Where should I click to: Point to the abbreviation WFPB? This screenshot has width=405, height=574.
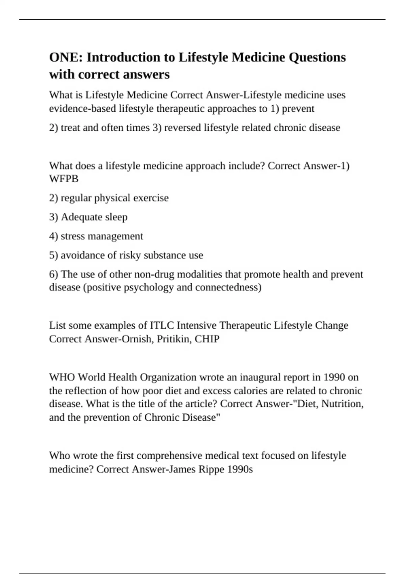tap(64, 179)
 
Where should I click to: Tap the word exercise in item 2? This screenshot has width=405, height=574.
tap(151, 198)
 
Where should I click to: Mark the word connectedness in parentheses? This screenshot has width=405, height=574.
tap(228, 287)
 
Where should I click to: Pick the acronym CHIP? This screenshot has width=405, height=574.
tap(207, 339)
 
